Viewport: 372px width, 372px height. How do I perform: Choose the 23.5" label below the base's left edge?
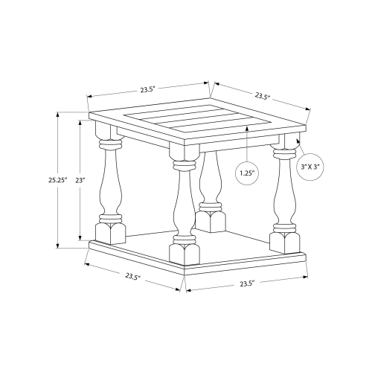(132, 277)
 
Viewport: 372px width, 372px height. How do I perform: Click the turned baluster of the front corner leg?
(182, 201)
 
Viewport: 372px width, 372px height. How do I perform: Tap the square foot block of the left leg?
(109, 231)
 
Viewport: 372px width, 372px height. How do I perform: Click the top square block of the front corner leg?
(182, 153)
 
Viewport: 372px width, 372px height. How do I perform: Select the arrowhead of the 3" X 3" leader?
(298, 138)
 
